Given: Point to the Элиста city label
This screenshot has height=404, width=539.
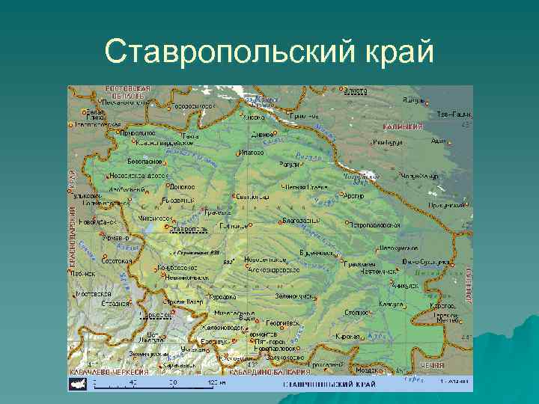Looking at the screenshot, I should pyautogui.click(x=356, y=91).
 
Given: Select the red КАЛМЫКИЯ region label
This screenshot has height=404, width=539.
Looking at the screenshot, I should pyautogui.click(x=404, y=127).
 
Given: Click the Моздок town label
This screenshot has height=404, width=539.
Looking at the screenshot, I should pyautogui.click(x=368, y=370).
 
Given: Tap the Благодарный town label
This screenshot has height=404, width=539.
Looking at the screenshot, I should pyautogui.click(x=301, y=221).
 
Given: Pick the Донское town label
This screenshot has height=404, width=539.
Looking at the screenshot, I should pyautogui.click(x=182, y=186).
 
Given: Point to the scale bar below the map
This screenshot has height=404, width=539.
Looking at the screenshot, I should pyautogui.click(x=157, y=383).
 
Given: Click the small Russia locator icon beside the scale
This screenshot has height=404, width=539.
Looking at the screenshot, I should pyautogui.click(x=76, y=383).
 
